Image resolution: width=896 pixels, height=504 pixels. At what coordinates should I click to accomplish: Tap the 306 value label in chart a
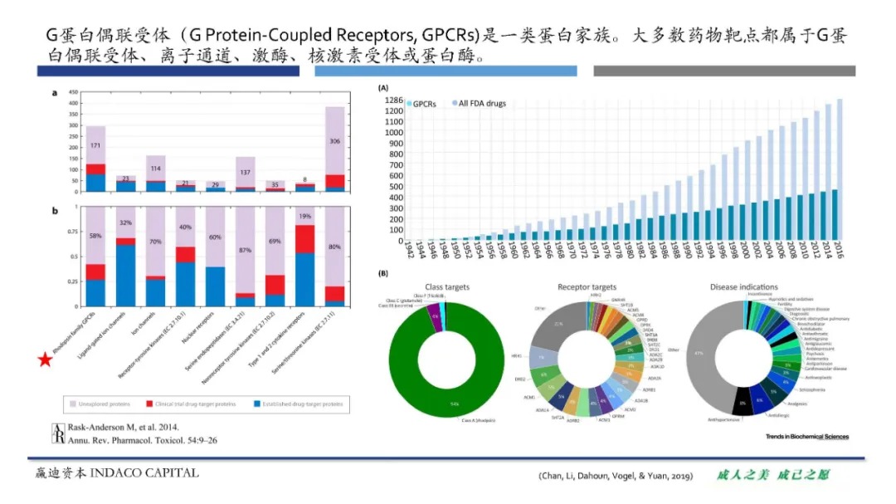[x=334, y=141]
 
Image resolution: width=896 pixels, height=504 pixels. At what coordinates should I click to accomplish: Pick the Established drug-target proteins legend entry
[x=300, y=404]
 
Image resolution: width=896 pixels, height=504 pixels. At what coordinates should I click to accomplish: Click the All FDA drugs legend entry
[x=479, y=103]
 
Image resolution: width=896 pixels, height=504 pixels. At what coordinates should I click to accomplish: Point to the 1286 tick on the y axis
[x=393, y=100]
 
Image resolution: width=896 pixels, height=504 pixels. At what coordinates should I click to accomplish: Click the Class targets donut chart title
[x=447, y=287]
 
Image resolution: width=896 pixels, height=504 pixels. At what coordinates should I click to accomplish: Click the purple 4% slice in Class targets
[x=434, y=316]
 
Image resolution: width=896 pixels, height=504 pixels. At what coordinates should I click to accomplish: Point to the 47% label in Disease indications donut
[x=699, y=354]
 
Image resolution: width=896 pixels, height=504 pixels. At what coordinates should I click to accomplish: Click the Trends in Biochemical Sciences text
[x=806, y=436]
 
